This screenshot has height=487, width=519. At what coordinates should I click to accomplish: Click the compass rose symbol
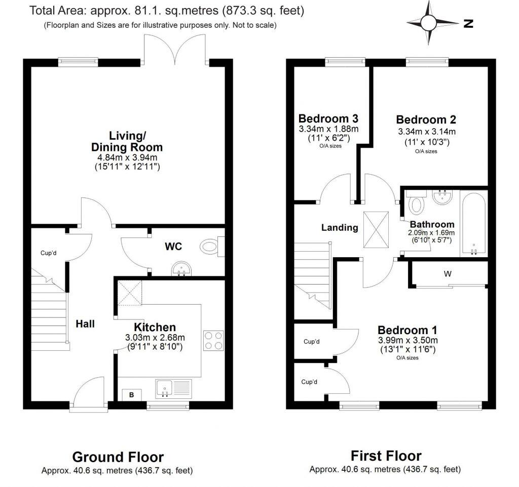pos(428,23)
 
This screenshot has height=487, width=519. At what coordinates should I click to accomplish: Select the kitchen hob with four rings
pos(213,340)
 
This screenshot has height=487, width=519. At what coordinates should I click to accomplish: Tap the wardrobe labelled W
pos(448,274)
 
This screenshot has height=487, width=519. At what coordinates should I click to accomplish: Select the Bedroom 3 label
pos(328,119)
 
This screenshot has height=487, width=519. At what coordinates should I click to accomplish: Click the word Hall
pos(85,323)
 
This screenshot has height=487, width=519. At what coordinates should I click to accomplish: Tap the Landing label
pos(340,228)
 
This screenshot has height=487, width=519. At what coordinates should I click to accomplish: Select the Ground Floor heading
pos(118,457)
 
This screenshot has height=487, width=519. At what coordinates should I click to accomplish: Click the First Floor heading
pos(386,455)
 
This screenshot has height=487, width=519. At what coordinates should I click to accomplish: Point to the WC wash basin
pos(181,269)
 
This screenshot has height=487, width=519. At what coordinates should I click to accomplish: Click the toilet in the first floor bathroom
pos(417,205)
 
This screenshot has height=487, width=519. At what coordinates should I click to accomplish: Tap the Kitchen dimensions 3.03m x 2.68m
pos(155,338)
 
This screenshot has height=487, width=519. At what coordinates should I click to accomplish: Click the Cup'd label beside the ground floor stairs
pos(49,253)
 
